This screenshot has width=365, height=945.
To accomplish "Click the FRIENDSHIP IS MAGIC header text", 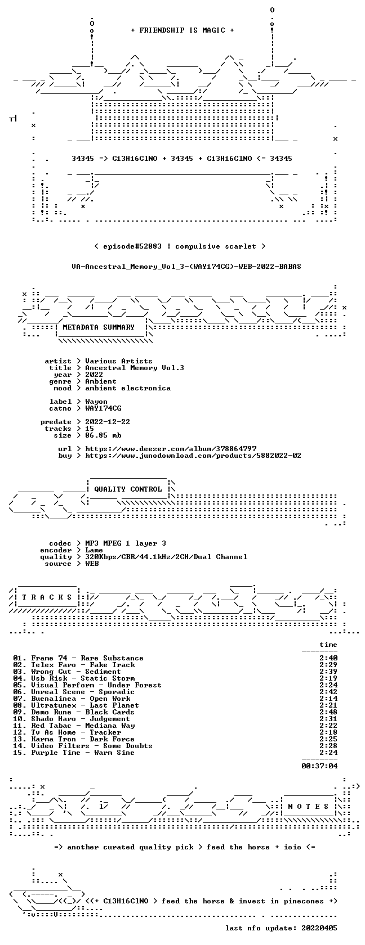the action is point(182,30).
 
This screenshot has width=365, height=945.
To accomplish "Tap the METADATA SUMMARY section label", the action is point(99,327).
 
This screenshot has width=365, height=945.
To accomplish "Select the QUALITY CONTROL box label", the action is point(128,489).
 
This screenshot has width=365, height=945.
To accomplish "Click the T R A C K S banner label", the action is point(47,597).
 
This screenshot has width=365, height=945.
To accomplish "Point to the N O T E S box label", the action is point(308,807).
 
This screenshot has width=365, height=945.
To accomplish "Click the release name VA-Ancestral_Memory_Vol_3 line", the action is point(186,267).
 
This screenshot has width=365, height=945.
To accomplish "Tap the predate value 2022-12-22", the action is point(108,422).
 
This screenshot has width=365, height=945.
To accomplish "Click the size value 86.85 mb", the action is point(103,435).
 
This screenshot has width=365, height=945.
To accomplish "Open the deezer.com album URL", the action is point(171,449).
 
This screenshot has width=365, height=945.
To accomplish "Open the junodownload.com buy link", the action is point(193,456).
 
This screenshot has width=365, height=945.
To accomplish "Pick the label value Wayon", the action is point(96,402).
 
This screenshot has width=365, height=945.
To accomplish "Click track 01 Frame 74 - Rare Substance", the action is point(78,658).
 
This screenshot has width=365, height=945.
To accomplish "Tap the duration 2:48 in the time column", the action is point(328,712).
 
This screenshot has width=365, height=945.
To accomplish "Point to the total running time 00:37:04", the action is point(319,766).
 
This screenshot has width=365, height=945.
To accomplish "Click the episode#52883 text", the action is point(132,246).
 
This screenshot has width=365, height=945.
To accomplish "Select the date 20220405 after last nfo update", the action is point(319,928).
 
